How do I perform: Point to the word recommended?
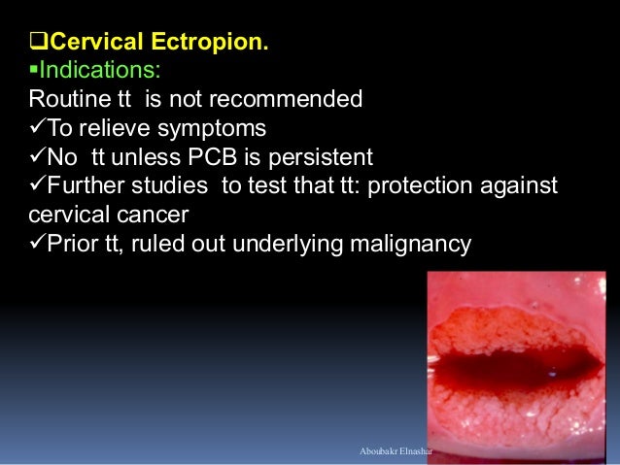[x=284, y=98]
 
